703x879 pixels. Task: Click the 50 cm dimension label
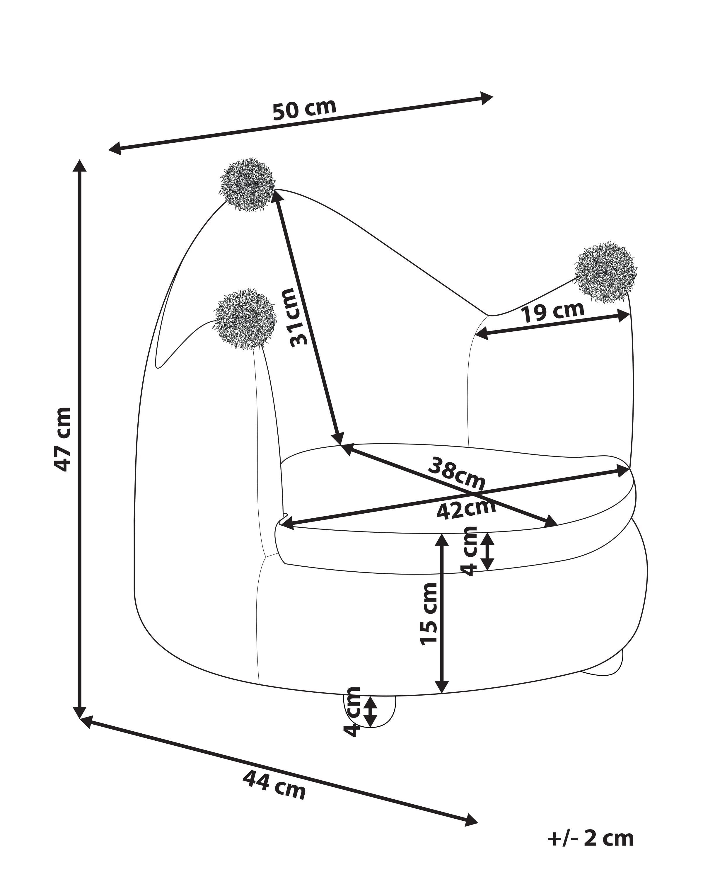(304, 110)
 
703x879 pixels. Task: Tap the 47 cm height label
(63, 439)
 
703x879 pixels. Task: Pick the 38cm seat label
(456, 474)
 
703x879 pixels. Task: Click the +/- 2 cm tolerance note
(591, 838)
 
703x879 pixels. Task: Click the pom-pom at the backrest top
(248, 185)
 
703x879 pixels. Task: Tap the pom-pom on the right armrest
(605, 272)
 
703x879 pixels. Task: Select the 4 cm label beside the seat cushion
(471, 551)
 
